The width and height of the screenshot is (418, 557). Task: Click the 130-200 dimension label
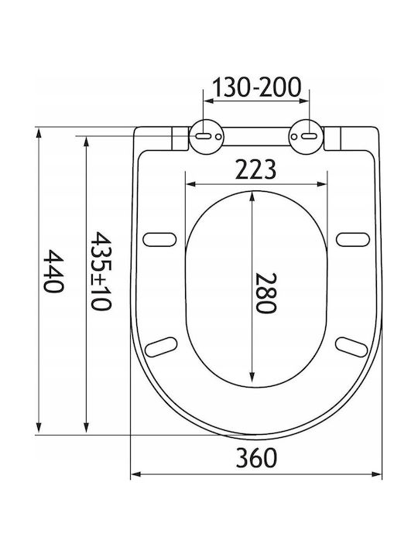[x=257, y=87]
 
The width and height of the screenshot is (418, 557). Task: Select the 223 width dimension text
[x=256, y=169]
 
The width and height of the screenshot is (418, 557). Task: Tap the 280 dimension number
[x=266, y=293]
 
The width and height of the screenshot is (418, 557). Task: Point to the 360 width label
[x=256, y=457]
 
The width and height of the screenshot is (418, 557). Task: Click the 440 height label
[x=53, y=271]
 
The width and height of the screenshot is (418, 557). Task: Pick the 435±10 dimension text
[x=101, y=271]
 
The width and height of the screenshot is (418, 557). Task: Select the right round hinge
[x=307, y=137]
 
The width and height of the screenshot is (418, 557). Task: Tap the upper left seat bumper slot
[x=159, y=239]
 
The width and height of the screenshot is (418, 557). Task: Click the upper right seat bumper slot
[x=353, y=239]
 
